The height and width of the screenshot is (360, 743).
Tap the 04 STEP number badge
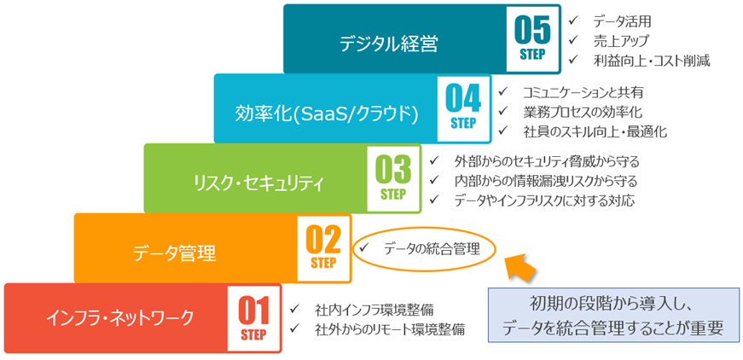coord(463,107)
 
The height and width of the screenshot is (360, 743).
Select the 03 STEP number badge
coord(393,177)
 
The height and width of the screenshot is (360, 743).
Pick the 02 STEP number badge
coord(323,247)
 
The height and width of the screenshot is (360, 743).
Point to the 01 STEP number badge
coord(253,317)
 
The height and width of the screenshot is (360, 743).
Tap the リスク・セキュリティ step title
coord(247,182)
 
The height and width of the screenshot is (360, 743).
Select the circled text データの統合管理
coord(432,248)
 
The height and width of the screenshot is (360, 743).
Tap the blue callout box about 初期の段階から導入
coord(613,315)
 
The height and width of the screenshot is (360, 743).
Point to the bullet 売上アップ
coord(621,41)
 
